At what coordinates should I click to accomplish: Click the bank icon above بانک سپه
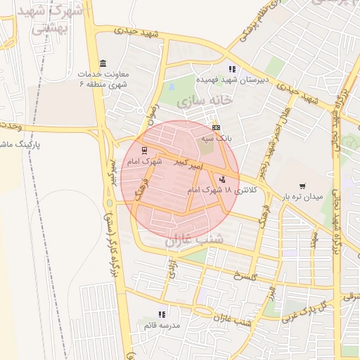[216, 127]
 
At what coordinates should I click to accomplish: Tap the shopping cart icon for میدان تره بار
[302, 186]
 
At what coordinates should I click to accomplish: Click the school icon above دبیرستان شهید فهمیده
[231, 69]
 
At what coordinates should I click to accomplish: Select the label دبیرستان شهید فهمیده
[231, 80]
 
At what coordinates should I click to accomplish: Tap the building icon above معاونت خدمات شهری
[103, 63]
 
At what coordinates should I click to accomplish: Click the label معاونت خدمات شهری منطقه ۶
[104, 79]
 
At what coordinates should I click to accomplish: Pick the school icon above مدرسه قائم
[161, 314]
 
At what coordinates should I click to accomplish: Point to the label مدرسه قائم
[162, 326]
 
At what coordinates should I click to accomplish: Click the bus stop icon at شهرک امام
[144, 150]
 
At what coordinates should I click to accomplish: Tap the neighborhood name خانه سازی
[204, 101]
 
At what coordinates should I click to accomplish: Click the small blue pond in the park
[172, 87]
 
